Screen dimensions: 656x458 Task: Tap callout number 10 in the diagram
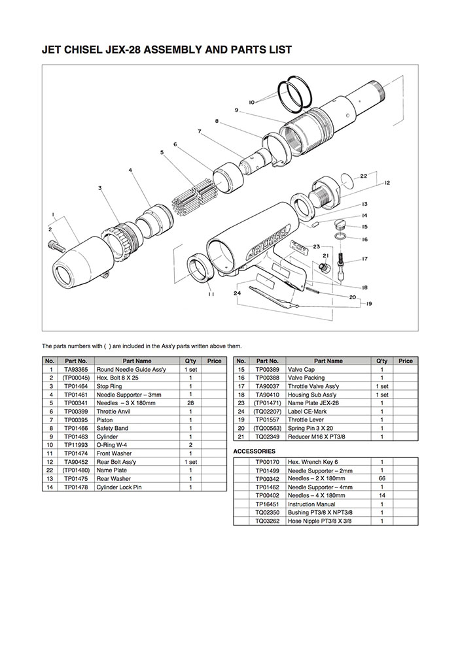tap(252, 102)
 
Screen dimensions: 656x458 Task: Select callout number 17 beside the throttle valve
tap(364, 259)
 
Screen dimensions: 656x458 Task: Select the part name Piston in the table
tap(104, 420)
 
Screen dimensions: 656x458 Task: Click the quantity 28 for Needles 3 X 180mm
tap(190, 403)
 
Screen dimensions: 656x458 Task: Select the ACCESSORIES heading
tap(255, 451)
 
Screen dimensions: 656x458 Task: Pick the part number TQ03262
tap(267, 521)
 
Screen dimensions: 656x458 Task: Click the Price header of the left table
tap(214, 361)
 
